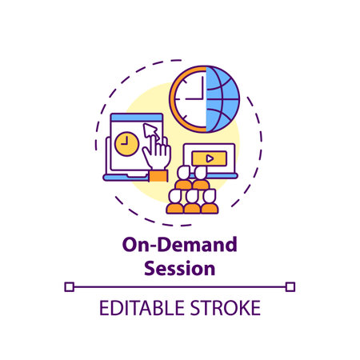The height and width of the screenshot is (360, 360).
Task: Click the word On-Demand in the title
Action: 179,248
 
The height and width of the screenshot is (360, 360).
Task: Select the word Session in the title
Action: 179,269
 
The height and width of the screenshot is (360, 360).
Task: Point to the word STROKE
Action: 226,308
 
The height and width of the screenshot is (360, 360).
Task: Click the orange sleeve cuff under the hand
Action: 158,174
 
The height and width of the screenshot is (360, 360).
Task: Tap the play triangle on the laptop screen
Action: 209,158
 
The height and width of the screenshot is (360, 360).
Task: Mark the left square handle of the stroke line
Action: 69,286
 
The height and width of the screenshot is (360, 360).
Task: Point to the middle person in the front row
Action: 191,202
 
